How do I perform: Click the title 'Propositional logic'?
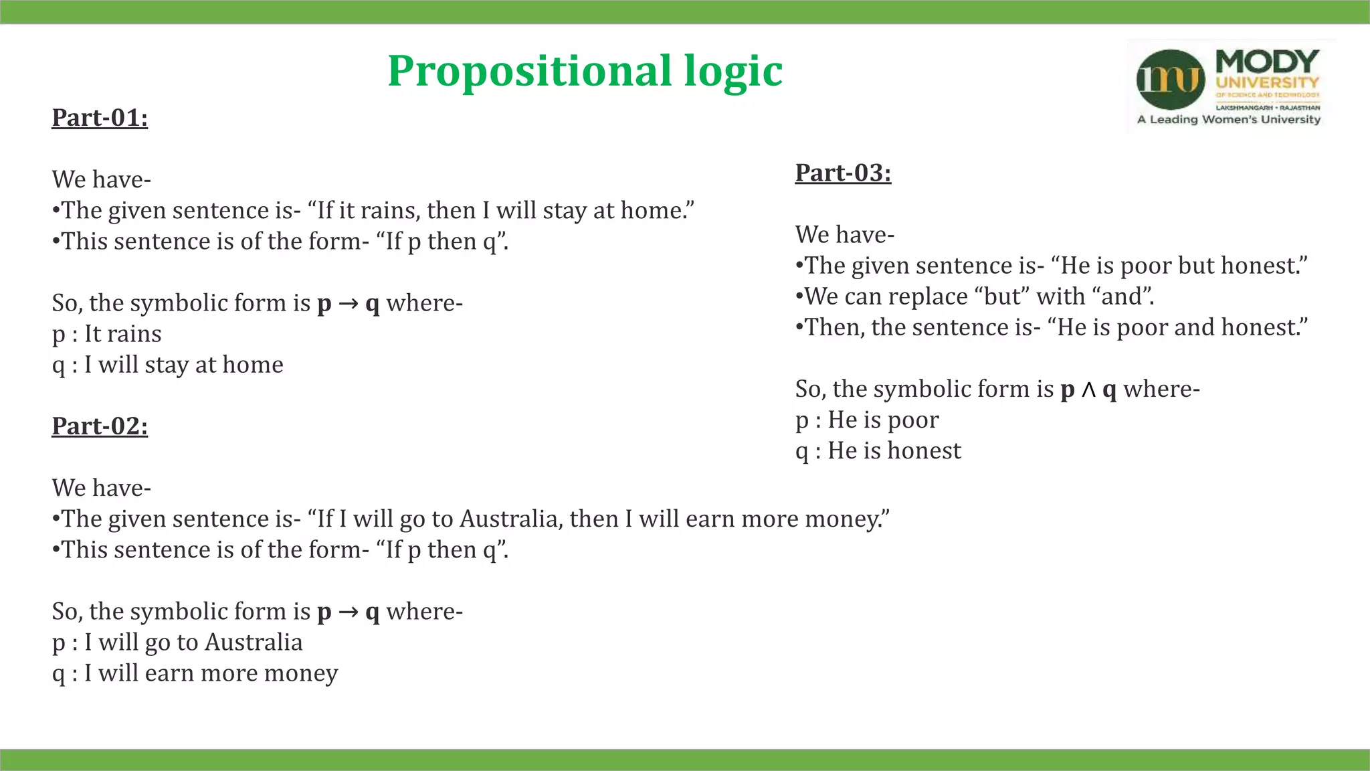click(x=585, y=71)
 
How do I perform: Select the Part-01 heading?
click(x=100, y=118)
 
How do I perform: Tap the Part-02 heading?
click(x=100, y=426)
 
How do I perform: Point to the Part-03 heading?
click(x=843, y=173)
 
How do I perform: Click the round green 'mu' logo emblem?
click(x=1170, y=80)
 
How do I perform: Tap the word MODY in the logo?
click(x=1267, y=62)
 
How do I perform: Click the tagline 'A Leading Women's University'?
click(x=1229, y=120)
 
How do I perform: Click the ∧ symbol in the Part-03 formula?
click(x=1089, y=390)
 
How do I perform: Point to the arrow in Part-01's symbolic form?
click(x=349, y=304)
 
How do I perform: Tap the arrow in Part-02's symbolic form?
click(x=349, y=612)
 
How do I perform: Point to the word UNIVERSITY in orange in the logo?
click(x=1267, y=83)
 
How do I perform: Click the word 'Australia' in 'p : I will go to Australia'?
click(x=254, y=642)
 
